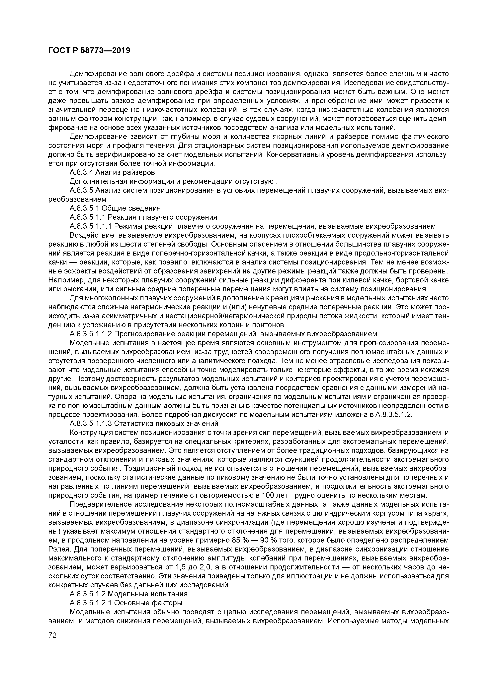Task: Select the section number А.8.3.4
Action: pos(81,172)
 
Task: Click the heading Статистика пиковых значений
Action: pos(166,423)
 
